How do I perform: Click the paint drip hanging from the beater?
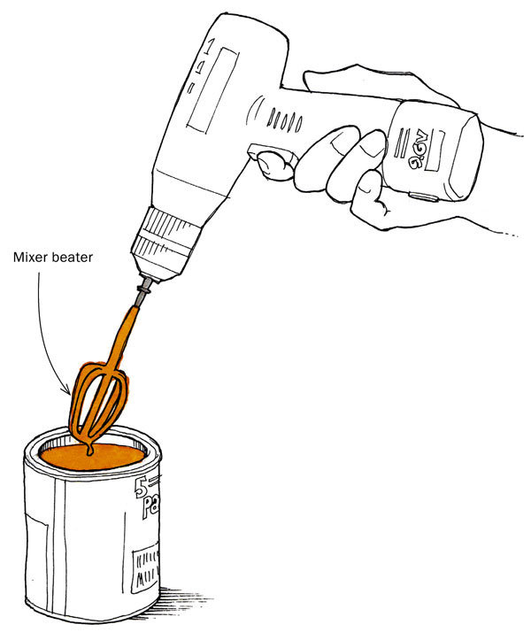click(89, 451)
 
